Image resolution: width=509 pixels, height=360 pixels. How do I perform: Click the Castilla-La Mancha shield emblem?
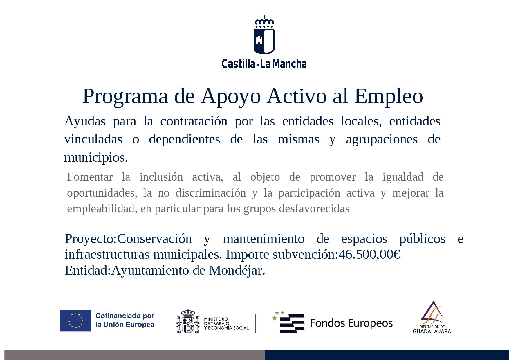pos(264,41)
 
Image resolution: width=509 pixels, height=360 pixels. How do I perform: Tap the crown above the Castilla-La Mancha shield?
pos(264,22)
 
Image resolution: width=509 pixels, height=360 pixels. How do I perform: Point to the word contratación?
pos(194,121)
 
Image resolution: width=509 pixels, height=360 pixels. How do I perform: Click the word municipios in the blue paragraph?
pos(96,158)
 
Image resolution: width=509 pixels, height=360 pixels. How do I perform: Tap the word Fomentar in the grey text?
pos(90,177)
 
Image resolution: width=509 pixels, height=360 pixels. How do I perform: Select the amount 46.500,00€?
pos(369,255)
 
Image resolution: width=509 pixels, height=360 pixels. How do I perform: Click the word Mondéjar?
pos(237,271)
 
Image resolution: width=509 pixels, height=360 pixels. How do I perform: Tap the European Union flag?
pos(76,321)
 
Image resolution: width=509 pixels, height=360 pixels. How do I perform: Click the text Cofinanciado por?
pos(125,316)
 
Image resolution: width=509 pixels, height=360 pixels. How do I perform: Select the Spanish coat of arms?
pos(188,321)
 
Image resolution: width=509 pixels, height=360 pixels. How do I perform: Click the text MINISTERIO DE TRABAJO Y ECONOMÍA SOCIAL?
pos(226,323)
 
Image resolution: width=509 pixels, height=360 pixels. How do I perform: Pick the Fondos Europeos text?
pos(351,323)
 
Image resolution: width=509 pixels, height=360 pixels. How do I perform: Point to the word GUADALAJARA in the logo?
pos(432,331)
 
